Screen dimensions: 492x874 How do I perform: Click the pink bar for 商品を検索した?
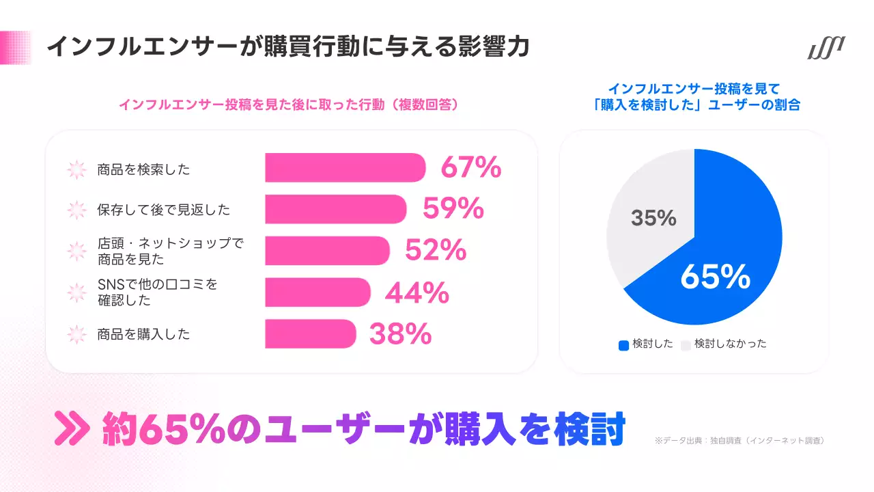tap(345, 168)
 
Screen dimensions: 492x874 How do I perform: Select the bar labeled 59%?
tap(335, 209)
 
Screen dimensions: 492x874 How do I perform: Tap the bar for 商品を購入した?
tap(310, 333)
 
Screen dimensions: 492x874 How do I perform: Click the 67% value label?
tap(471, 168)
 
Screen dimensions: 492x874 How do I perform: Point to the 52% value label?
tap(436, 251)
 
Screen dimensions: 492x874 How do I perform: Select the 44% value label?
tap(417, 292)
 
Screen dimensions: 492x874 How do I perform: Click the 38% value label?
tap(400, 334)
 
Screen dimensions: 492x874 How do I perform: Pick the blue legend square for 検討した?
tap(623, 345)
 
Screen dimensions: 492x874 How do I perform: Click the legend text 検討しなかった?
tap(730, 344)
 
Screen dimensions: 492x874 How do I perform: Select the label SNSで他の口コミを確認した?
tap(157, 292)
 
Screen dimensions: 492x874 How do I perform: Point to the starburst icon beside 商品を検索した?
tap(77, 169)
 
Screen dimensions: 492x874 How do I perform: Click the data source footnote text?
tap(739, 441)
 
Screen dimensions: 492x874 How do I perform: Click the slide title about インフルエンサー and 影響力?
tap(287, 48)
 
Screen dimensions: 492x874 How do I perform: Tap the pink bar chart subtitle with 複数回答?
tap(287, 105)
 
